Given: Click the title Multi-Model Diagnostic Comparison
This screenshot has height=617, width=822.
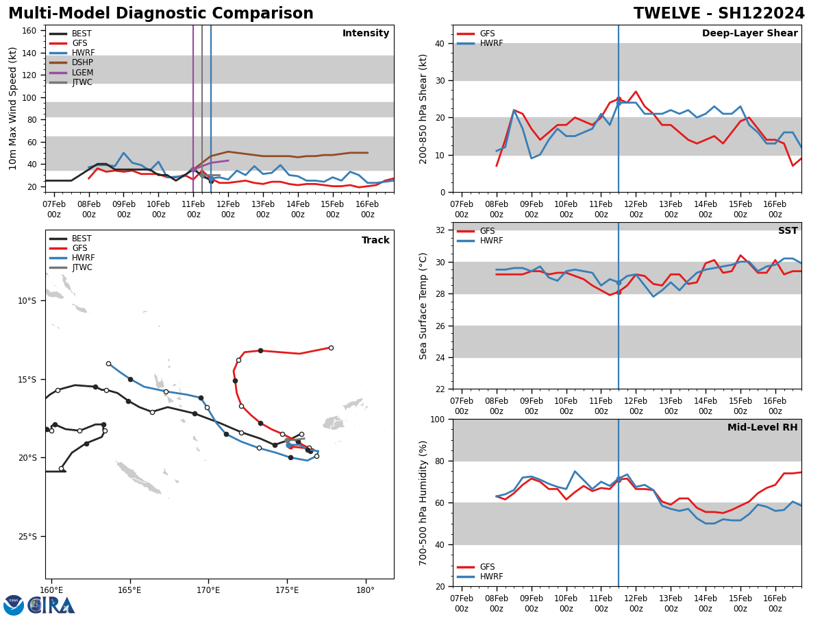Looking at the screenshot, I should click(160, 14).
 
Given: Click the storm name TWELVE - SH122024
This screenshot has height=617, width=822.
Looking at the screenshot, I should click(719, 14).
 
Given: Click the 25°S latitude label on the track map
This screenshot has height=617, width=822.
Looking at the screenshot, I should click(27, 537).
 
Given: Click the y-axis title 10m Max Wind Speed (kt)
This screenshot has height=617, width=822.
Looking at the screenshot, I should click(13, 108).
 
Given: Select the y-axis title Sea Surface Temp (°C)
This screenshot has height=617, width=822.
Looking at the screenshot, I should click(423, 306).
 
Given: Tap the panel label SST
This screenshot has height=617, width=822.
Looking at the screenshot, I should click(787, 231).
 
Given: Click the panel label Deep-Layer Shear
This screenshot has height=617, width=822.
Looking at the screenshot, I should click(749, 34).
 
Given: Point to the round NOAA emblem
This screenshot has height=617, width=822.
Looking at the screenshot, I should click(14, 605).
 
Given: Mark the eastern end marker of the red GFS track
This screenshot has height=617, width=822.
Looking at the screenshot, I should click(331, 348).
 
